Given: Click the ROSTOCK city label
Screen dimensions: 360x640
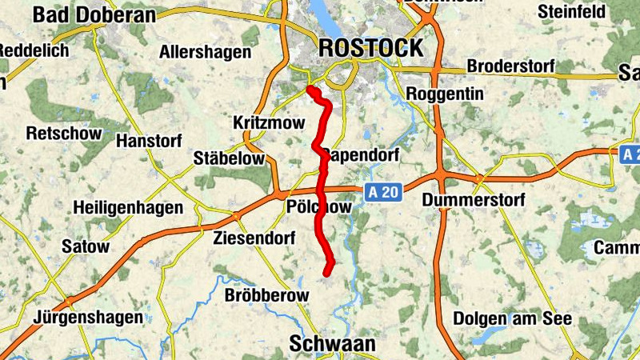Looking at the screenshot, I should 370,48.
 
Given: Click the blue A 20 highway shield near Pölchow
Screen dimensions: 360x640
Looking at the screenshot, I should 383,192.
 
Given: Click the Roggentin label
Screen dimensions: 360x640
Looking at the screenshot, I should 445,94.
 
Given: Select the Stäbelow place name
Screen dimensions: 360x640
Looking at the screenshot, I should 229,158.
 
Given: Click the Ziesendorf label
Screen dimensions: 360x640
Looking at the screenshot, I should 254,238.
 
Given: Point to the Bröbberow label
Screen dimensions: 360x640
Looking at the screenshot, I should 267,296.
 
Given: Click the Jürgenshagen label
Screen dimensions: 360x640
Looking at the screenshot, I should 82,317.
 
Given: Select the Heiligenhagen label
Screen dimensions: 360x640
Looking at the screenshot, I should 127,208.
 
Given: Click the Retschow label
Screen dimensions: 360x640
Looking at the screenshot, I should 64,134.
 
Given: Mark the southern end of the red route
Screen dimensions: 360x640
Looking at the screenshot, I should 326,274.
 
